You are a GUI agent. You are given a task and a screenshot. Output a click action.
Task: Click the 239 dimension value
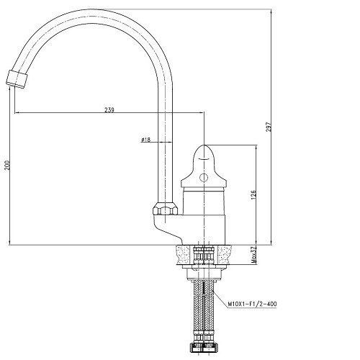(x=109, y=110)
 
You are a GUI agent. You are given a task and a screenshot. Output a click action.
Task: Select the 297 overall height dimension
(x=269, y=127)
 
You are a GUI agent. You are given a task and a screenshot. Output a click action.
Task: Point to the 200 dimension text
(x=8, y=166)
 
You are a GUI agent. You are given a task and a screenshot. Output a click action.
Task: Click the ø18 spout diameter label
(x=146, y=140)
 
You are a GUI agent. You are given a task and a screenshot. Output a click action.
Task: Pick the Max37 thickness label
(x=253, y=255)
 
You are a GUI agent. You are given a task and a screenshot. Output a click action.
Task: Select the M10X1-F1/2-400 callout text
(x=252, y=304)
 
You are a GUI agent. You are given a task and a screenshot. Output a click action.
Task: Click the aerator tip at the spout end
(x=17, y=79)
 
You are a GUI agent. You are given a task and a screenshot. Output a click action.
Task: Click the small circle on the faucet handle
(x=204, y=178)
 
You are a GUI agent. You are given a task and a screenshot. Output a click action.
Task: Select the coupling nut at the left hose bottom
(x=197, y=347)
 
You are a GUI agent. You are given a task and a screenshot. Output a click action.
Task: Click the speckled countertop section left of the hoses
(x=185, y=254)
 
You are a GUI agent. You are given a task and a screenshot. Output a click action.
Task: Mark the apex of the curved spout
(x=90, y=10)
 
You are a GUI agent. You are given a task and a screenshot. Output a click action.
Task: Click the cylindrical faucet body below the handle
(x=204, y=201)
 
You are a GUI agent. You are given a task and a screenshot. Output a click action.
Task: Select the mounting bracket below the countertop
(x=204, y=273)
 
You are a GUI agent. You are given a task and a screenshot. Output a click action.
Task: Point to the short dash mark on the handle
(x=204, y=159)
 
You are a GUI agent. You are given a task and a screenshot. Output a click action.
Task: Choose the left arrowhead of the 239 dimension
(x=17, y=112)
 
